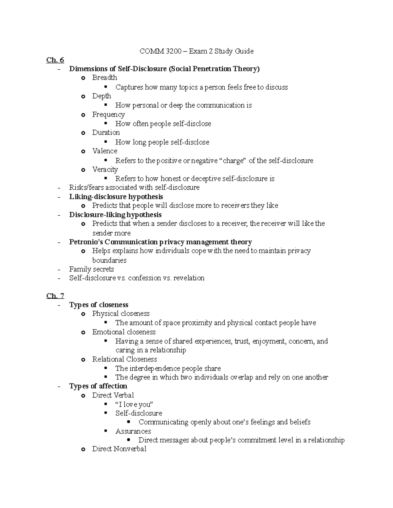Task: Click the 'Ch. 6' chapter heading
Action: [55, 60]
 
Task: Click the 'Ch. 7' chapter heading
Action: [55, 296]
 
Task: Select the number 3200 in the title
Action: [174, 51]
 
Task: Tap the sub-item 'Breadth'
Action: [104, 78]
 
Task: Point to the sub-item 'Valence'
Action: [104, 151]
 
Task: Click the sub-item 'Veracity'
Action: [105, 169]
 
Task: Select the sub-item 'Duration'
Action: [106, 132]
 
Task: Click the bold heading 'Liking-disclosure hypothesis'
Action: [116, 197]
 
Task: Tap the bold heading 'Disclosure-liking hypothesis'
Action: [115, 215]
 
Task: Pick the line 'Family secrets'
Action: [91, 269]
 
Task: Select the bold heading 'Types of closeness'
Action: [99, 305]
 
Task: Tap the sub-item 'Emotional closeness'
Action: [124, 332]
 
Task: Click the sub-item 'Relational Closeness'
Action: [124, 359]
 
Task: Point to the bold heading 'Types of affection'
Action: [98, 386]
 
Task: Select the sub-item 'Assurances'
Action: [133, 431]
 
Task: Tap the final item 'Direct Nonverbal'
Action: [119, 449]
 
